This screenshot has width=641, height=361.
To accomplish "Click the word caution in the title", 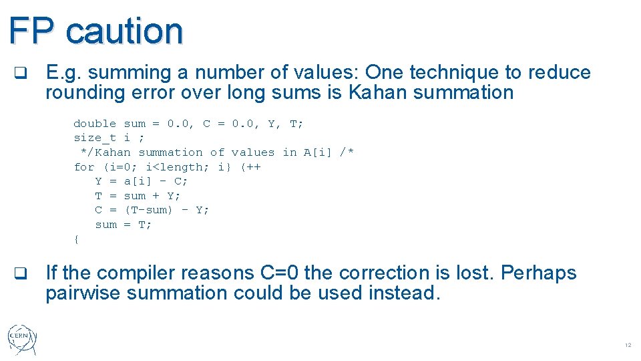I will tap(125, 30).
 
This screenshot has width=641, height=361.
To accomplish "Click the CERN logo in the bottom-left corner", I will tap(23, 340).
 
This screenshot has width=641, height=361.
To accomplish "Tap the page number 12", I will tap(628, 346).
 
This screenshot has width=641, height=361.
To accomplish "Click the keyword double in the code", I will tap(95, 124).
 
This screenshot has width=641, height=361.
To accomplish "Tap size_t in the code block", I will tap(95, 138).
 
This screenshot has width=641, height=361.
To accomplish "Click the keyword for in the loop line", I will tap(84, 167).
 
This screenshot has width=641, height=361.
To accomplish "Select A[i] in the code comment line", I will tap(318, 152).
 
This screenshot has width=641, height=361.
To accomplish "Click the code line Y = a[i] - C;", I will tap(142, 181).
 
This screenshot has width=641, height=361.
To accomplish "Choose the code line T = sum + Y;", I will tap(138, 196).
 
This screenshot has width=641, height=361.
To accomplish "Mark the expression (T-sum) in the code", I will tap(149, 210).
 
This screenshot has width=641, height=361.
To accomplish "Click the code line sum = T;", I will tap(124, 225).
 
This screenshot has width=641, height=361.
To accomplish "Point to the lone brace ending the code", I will tap(77, 239).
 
